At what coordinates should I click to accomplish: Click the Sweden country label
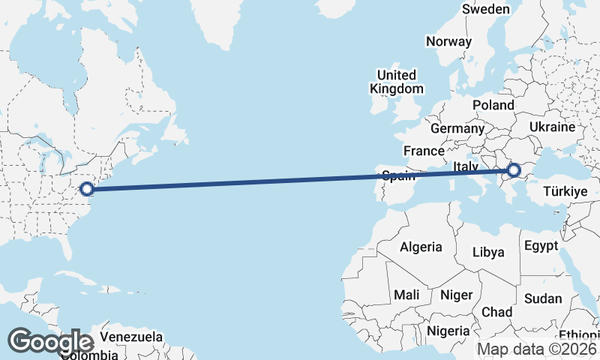(486, 10)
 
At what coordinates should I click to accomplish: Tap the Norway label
(448, 42)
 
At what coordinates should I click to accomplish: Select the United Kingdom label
(397, 82)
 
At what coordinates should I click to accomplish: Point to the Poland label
(493, 106)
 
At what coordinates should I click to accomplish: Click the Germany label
(457, 128)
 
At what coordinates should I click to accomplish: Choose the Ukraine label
(552, 127)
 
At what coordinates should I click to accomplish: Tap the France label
(424, 151)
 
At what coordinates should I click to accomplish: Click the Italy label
(466, 166)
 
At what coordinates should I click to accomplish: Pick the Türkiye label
(563, 192)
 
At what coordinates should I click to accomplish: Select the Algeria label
(421, 247)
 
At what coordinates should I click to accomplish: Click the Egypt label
(541, 246)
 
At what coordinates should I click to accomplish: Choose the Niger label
(456, 295)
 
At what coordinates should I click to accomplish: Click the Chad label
(497, 312)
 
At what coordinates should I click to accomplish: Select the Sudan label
(542, 298)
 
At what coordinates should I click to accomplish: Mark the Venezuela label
(131, 337)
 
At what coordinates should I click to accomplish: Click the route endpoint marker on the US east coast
(86, 188)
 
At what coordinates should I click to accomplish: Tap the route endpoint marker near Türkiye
(514, 170)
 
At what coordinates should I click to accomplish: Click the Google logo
(50, 342)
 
